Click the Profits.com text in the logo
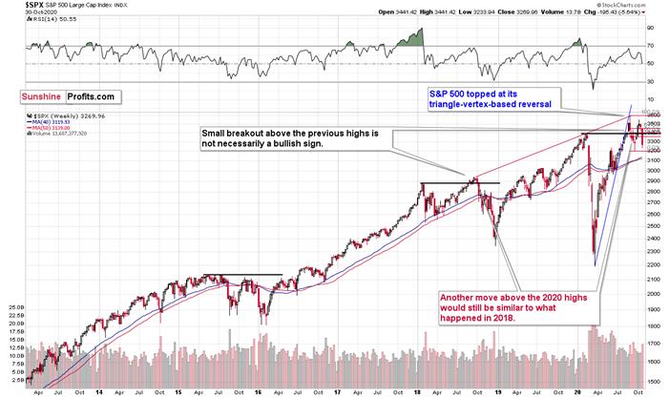coord(92,96)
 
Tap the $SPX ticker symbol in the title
coord(13,6)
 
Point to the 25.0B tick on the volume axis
coord(14,308)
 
